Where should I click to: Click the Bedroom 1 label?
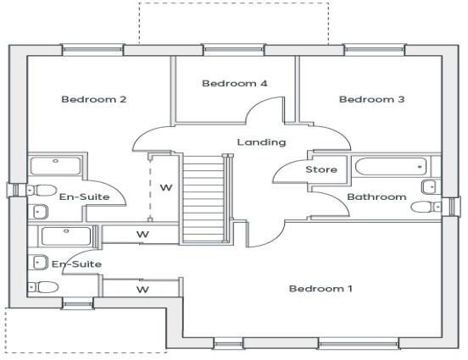320,289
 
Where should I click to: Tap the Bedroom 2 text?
94,100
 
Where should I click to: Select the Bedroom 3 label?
371,100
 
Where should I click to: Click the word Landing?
261,142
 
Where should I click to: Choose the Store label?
321,169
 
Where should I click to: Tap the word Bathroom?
377,197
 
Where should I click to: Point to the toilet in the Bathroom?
429,186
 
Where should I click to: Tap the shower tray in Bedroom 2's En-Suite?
55,165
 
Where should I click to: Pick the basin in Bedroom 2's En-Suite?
38,211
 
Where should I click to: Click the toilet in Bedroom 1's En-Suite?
45,287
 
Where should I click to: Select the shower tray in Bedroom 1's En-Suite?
64,235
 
